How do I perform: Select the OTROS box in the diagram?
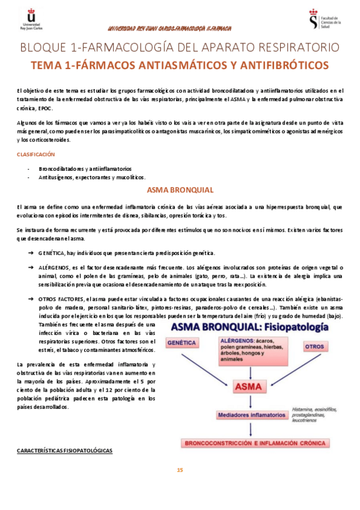pyautogui.click(x=314, y=347)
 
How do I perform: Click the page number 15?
pyautogui.click(x=180, y=470)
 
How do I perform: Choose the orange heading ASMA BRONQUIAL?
pyautogui.click(x=180, y=190)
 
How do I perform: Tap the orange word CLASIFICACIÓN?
pyautogui.click(x=35, y=154)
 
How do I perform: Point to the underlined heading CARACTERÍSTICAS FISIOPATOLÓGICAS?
pyautogui.click(x=64, y=450)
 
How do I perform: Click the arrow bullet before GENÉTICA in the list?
pyautogui.click(x=30, y=253)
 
